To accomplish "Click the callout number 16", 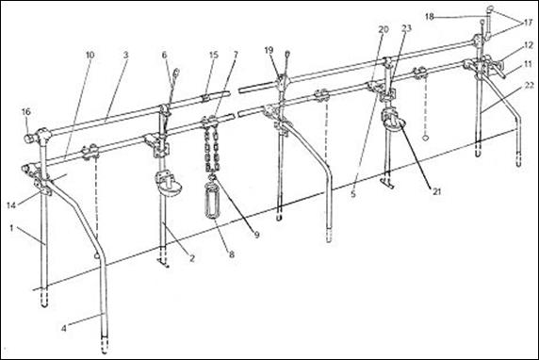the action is coord(26,112).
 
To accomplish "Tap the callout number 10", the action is coord(90,55).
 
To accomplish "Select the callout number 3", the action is coord(126,55).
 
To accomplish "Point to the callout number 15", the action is coord(214,55).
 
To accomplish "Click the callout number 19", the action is coord(269,50).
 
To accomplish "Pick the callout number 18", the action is coord(430,16).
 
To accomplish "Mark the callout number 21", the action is coord(436,191).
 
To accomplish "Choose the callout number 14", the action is coord(11,205).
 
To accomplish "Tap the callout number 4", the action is coord(63,328).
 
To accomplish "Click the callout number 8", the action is coord(232,254).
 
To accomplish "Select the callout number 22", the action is coord(528,85).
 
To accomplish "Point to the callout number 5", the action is coord(353,194).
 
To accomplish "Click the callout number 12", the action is coord(529,45).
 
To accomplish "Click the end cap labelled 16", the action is coord(28,139).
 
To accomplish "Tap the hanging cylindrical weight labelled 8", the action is coord(212,201).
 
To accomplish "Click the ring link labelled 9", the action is coord(212,177).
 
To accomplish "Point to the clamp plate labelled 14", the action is coord(42,186).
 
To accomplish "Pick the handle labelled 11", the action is coord(498,73).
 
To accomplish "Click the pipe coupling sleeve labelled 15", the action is coord(205,98).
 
